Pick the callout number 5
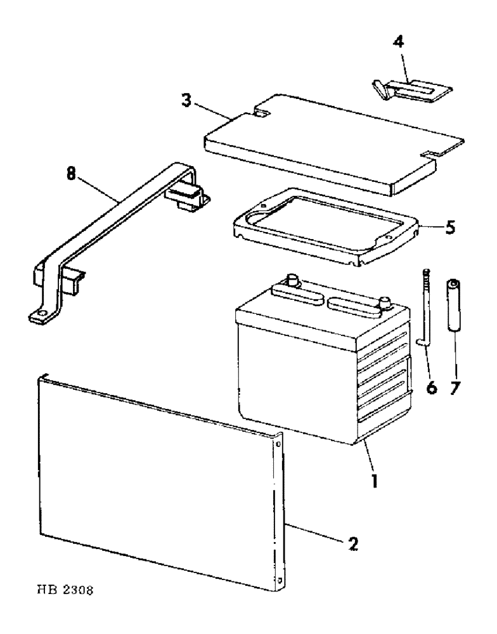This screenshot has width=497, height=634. [449, 226]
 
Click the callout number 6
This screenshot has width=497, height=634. [432, 386]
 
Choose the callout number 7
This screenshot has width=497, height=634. [455, 386]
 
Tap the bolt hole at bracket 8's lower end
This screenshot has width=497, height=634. [42, 313]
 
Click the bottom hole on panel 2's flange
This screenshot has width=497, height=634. [280, 578]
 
